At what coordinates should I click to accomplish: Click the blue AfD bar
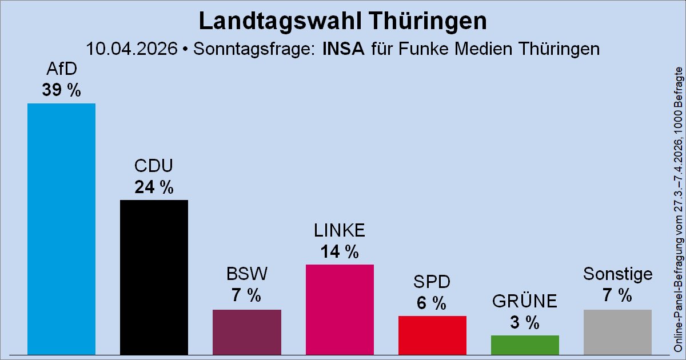[x=61, y=229]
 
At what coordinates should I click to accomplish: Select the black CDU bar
[x=154, y=277]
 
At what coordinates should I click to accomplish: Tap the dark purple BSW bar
[x=246, y=332]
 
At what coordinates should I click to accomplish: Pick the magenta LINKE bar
[x=340, y=309]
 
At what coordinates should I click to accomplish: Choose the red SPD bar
[x=432, y=335]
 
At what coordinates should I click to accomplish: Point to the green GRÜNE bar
[x=525, y=345]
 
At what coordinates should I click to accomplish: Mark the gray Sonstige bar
[x=617, y=332]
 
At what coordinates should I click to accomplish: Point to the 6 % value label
[x=432, y=303]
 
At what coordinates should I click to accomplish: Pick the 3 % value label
[x=525, y=322]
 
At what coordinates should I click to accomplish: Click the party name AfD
[x=61, y=70]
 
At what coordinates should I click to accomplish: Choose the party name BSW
[x=246, y=275]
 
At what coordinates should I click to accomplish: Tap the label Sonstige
[x=617, y=274]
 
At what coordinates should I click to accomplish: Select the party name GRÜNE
[x=525, y=301]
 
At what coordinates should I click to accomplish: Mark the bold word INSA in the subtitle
[x=344, y=48]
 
